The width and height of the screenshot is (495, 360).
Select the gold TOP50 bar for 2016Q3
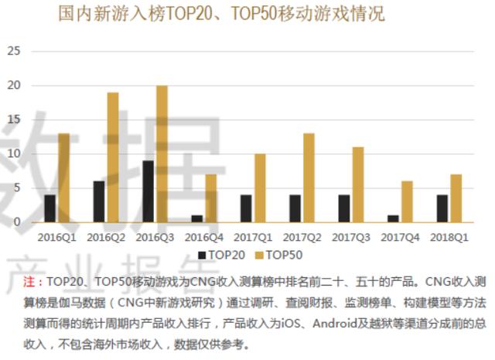(162, 154)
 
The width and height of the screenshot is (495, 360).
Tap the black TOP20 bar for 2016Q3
(148, 191)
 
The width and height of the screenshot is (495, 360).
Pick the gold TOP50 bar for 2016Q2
(113, 157)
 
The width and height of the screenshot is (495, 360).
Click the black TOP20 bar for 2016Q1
(50, 208)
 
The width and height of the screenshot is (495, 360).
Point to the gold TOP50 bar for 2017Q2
(309, 177)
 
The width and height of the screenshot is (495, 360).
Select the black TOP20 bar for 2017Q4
(392, 218)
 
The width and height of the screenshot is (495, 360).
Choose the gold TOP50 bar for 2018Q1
(456, 198)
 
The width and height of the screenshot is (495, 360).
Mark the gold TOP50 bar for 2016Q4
(210, 198)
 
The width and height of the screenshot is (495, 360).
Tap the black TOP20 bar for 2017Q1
(246, 208)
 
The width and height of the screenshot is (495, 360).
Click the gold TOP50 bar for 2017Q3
(357, 184)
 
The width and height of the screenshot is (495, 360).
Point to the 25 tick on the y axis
(14, 51)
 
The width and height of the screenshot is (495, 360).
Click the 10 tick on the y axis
(14, 153)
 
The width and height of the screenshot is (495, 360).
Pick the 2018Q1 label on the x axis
(449, 235)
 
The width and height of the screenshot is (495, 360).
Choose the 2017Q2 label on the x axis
(302, 235)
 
